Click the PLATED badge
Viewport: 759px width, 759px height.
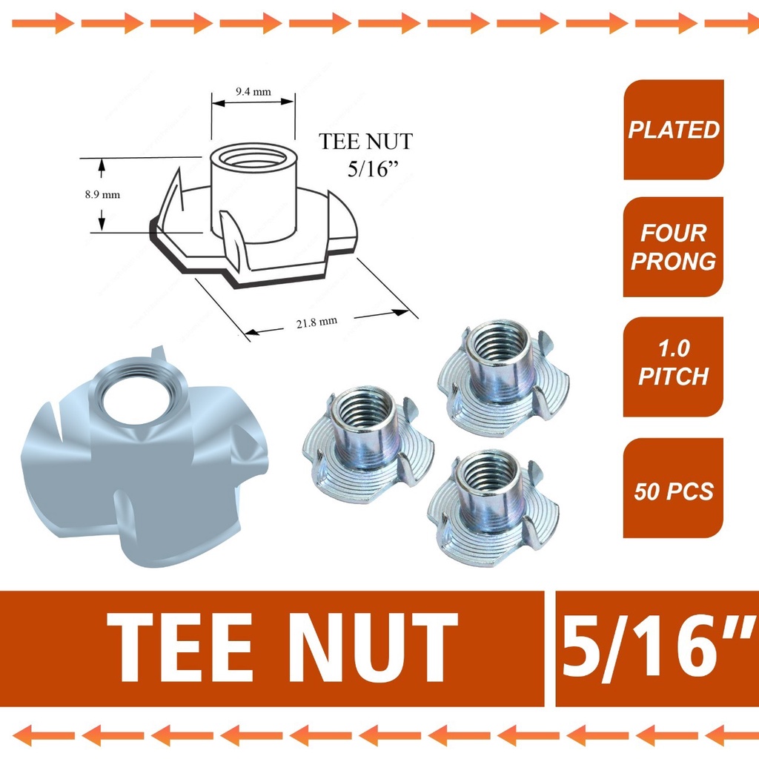(674, 130)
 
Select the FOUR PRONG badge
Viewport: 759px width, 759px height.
(674, 247)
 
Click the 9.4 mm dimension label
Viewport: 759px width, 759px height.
(253, 92)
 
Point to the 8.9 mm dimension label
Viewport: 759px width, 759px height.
(102, 195)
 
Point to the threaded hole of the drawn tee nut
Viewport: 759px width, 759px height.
(253, 159)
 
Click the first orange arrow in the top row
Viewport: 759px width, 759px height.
(42, 23)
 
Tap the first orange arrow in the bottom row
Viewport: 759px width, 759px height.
(42, 735)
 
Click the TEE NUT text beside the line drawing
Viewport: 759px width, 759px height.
(365, 141)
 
